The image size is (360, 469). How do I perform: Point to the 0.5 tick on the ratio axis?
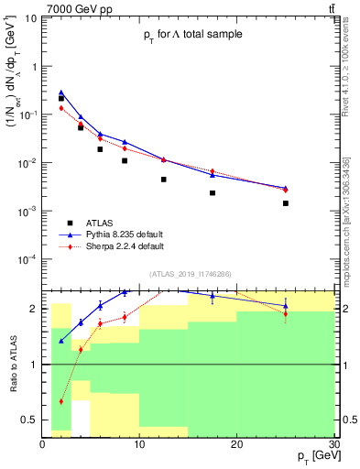click(x=32, y=420)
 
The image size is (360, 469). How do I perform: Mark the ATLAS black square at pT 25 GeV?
click(x=286, y=203)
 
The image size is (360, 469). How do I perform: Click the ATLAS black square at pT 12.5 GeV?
click(x=164, y=180)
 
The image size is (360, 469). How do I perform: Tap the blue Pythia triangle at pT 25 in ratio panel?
click(x=286, y=306)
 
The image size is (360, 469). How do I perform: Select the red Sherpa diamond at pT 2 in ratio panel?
click(x=61, y=401)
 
